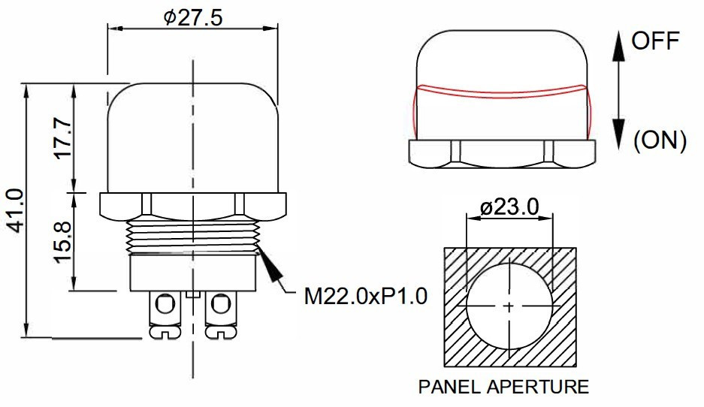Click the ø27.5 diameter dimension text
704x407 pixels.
pyautogui.click(x=193, y=17)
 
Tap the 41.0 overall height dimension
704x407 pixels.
pyautogui.click(x=15, y=210)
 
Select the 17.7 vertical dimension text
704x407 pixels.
pyautogui.click(x=63, y=137)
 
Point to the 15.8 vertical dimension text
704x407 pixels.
pyautogui.click(x=63, y=241)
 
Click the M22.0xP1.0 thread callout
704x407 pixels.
pyautogui.click(x=366, y=296)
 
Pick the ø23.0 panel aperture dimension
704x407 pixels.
pyautogui.click(x=509, y=207)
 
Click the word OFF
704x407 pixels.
pyautogui.click(x=655, y=41)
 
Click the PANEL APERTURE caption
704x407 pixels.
pyautogui.click(x=503, y=387)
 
